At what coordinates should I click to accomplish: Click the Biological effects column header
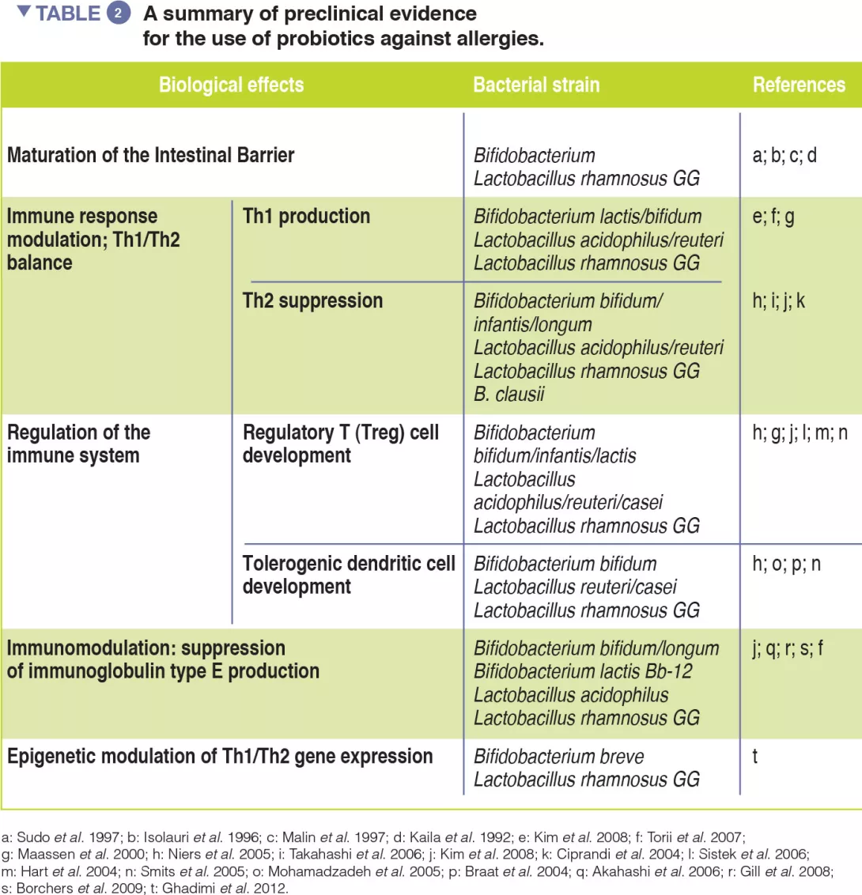[231, 85]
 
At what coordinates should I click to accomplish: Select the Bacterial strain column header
[536, 85]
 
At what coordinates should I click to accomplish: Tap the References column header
[799, 85]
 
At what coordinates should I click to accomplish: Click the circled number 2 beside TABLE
[119, 14]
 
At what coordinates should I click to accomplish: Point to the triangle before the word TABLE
[24, 12]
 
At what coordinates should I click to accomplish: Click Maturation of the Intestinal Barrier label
[150, 155]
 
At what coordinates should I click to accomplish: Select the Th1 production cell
[306, 217]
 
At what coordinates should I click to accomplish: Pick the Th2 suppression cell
[312, 301]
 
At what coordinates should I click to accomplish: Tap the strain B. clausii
[509, 394]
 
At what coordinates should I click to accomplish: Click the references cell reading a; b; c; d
[784, 155]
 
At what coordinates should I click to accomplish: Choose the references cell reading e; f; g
[773, 217]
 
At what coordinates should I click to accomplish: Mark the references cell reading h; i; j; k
[779, 301]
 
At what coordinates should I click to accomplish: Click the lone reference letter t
[755, 757]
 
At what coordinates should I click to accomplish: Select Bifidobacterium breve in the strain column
[558, 757]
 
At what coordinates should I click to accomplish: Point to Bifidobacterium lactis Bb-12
[583, 671]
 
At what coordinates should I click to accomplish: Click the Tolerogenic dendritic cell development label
[349, 575]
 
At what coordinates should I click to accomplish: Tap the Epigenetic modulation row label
[220, 757]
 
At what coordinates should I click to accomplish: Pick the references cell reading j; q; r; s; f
[788, 648]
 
